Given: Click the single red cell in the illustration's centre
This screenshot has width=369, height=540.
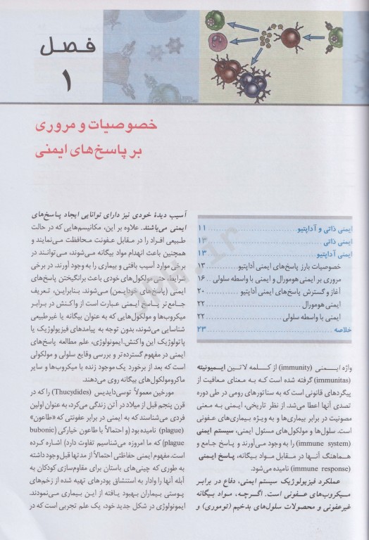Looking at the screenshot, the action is [289, 34].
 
